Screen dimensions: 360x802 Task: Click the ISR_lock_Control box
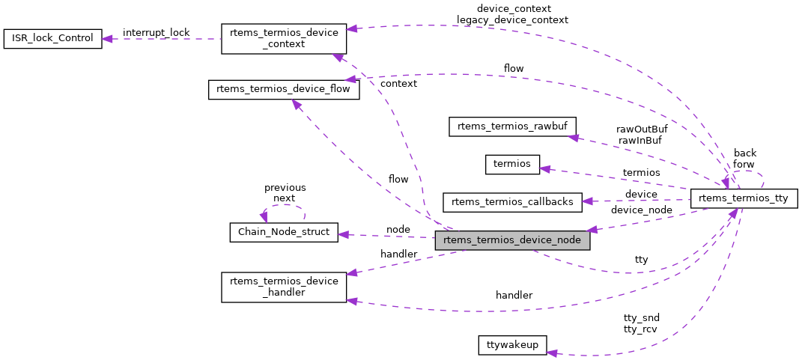(x=52, y=39)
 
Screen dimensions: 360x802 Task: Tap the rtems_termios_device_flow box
(x=284, y=90)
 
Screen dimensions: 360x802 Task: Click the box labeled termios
(x=512, y=164)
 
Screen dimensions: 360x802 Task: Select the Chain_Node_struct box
(x=284, y=232)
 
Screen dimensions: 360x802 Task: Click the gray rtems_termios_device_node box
(x=512, y=240)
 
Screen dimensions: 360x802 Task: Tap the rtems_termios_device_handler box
(x=284, y=287)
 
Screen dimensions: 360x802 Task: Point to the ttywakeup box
(x=512, y=345)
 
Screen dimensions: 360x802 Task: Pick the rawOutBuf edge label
(x=642, y=129)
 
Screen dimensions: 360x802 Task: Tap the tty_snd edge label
(x=641, y=317)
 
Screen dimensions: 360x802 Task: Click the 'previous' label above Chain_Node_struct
(x=285, y=187)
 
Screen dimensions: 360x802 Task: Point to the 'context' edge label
(x=398, y=84)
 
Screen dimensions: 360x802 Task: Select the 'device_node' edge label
(x=641, y=210)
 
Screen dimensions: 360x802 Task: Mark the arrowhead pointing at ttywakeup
(x=553, y=351)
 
